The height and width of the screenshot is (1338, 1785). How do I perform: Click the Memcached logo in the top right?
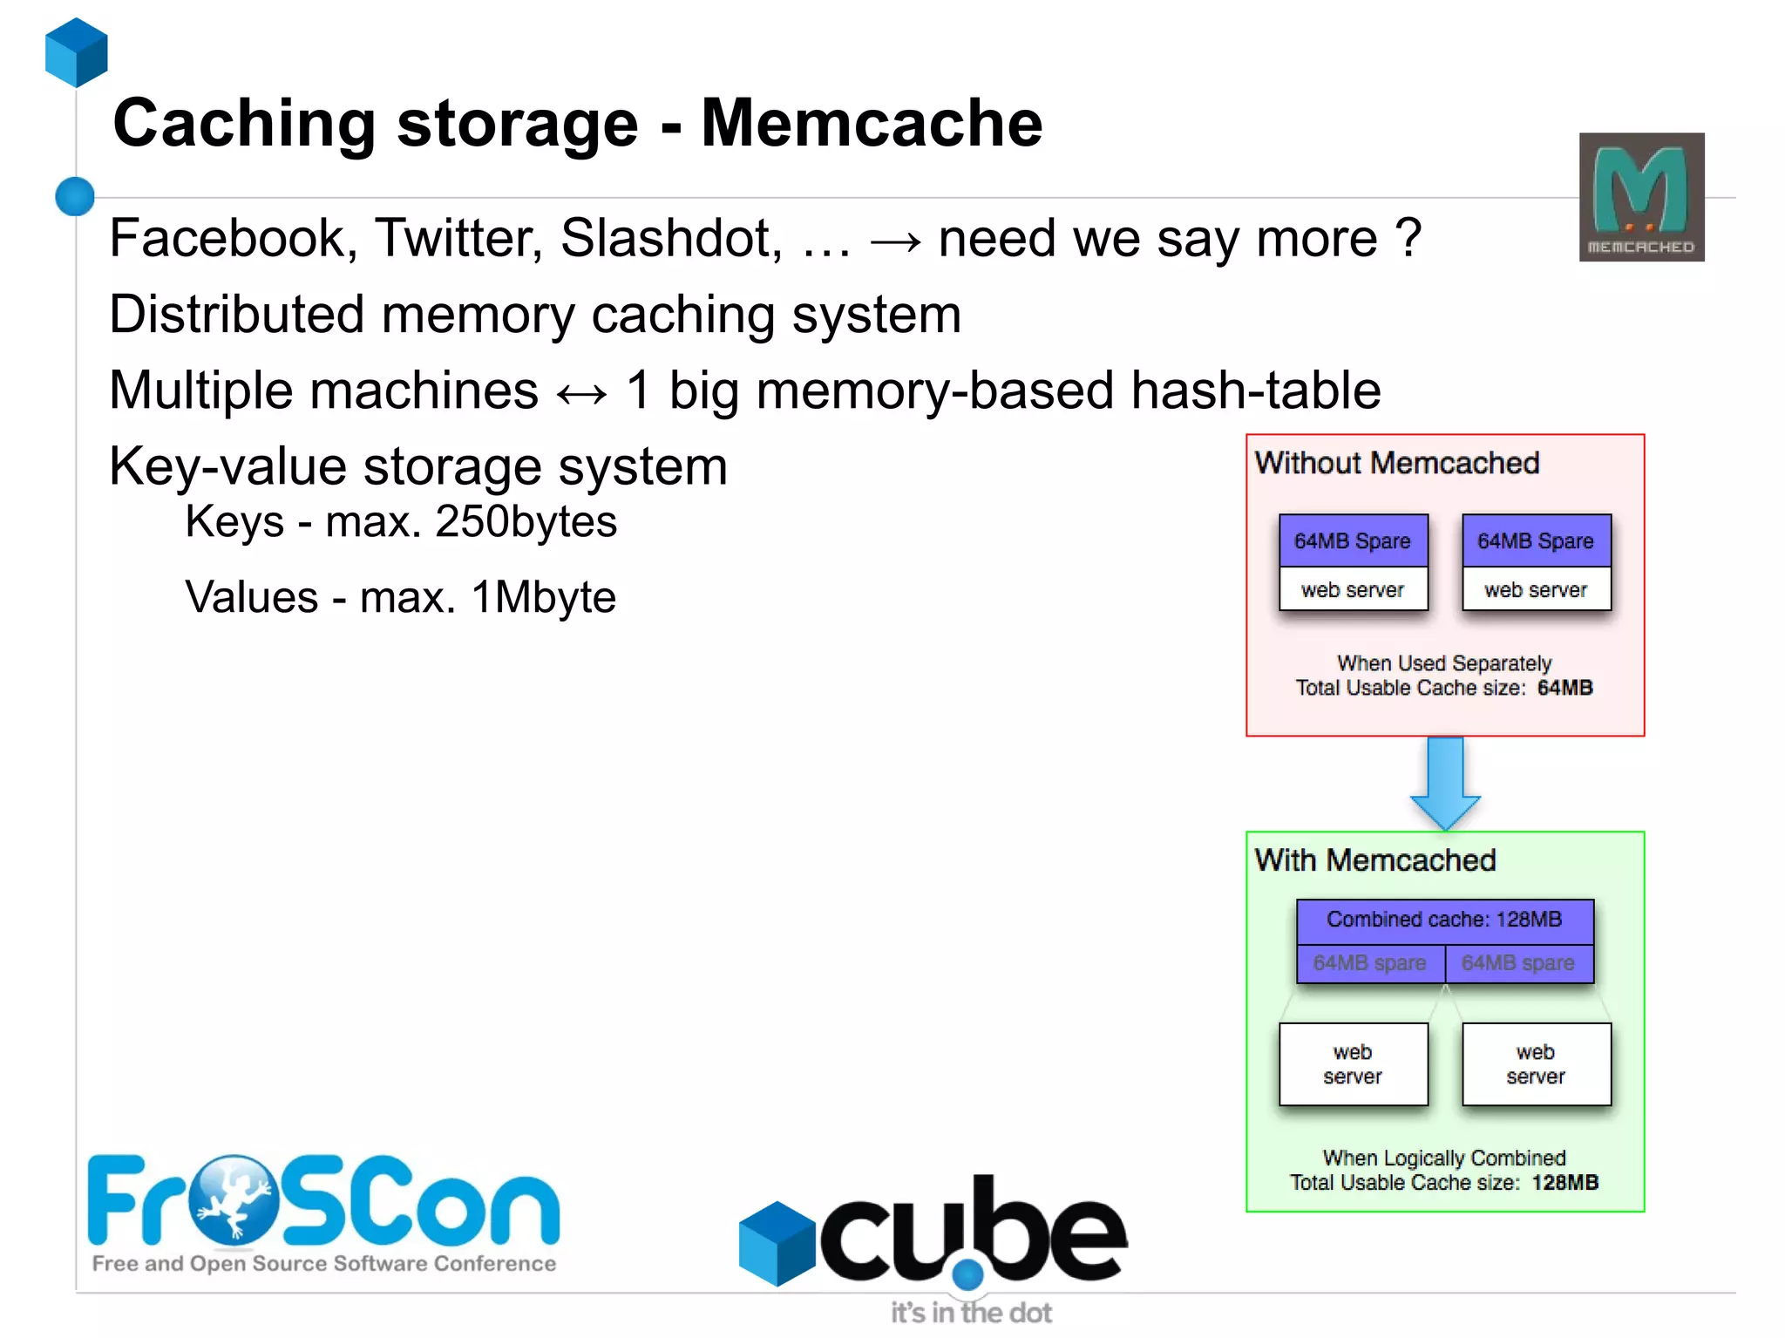(x=1641, y=197)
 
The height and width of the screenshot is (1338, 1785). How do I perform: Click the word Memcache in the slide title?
(x=872, y=123)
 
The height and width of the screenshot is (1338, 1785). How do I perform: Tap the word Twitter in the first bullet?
(x=458, y=238)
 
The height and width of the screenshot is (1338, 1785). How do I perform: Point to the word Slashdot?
(x=671, y=238)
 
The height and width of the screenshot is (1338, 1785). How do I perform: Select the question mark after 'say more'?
(x=1408, y=238)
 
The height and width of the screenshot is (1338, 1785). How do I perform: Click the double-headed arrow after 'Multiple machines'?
(x=581, y=393)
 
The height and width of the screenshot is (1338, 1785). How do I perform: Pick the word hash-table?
(x=1255, y=390)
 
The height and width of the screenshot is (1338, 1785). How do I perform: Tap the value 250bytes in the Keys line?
(x=526, y=522)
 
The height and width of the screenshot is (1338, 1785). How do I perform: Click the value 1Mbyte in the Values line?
(x=543, y=598)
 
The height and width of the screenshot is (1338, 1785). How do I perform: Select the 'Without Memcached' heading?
(x=1396, y=463)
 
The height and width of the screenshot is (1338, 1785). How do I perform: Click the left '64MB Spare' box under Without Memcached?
(x=1353, y=541)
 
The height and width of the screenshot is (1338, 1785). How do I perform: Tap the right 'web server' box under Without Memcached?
(x=1536, y=590)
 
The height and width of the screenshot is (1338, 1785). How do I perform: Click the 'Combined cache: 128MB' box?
(x=1444, y=920)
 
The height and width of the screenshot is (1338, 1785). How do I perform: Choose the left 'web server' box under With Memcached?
(x=1353, y=1064)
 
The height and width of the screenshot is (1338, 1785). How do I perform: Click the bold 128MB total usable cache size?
(x=1565, y=1183)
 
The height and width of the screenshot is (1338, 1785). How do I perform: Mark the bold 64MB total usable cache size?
(x=1564, y=688)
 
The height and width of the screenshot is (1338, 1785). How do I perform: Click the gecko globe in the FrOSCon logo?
(x=234, y=1200)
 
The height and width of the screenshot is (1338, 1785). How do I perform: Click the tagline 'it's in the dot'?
(x=971, y=1313)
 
